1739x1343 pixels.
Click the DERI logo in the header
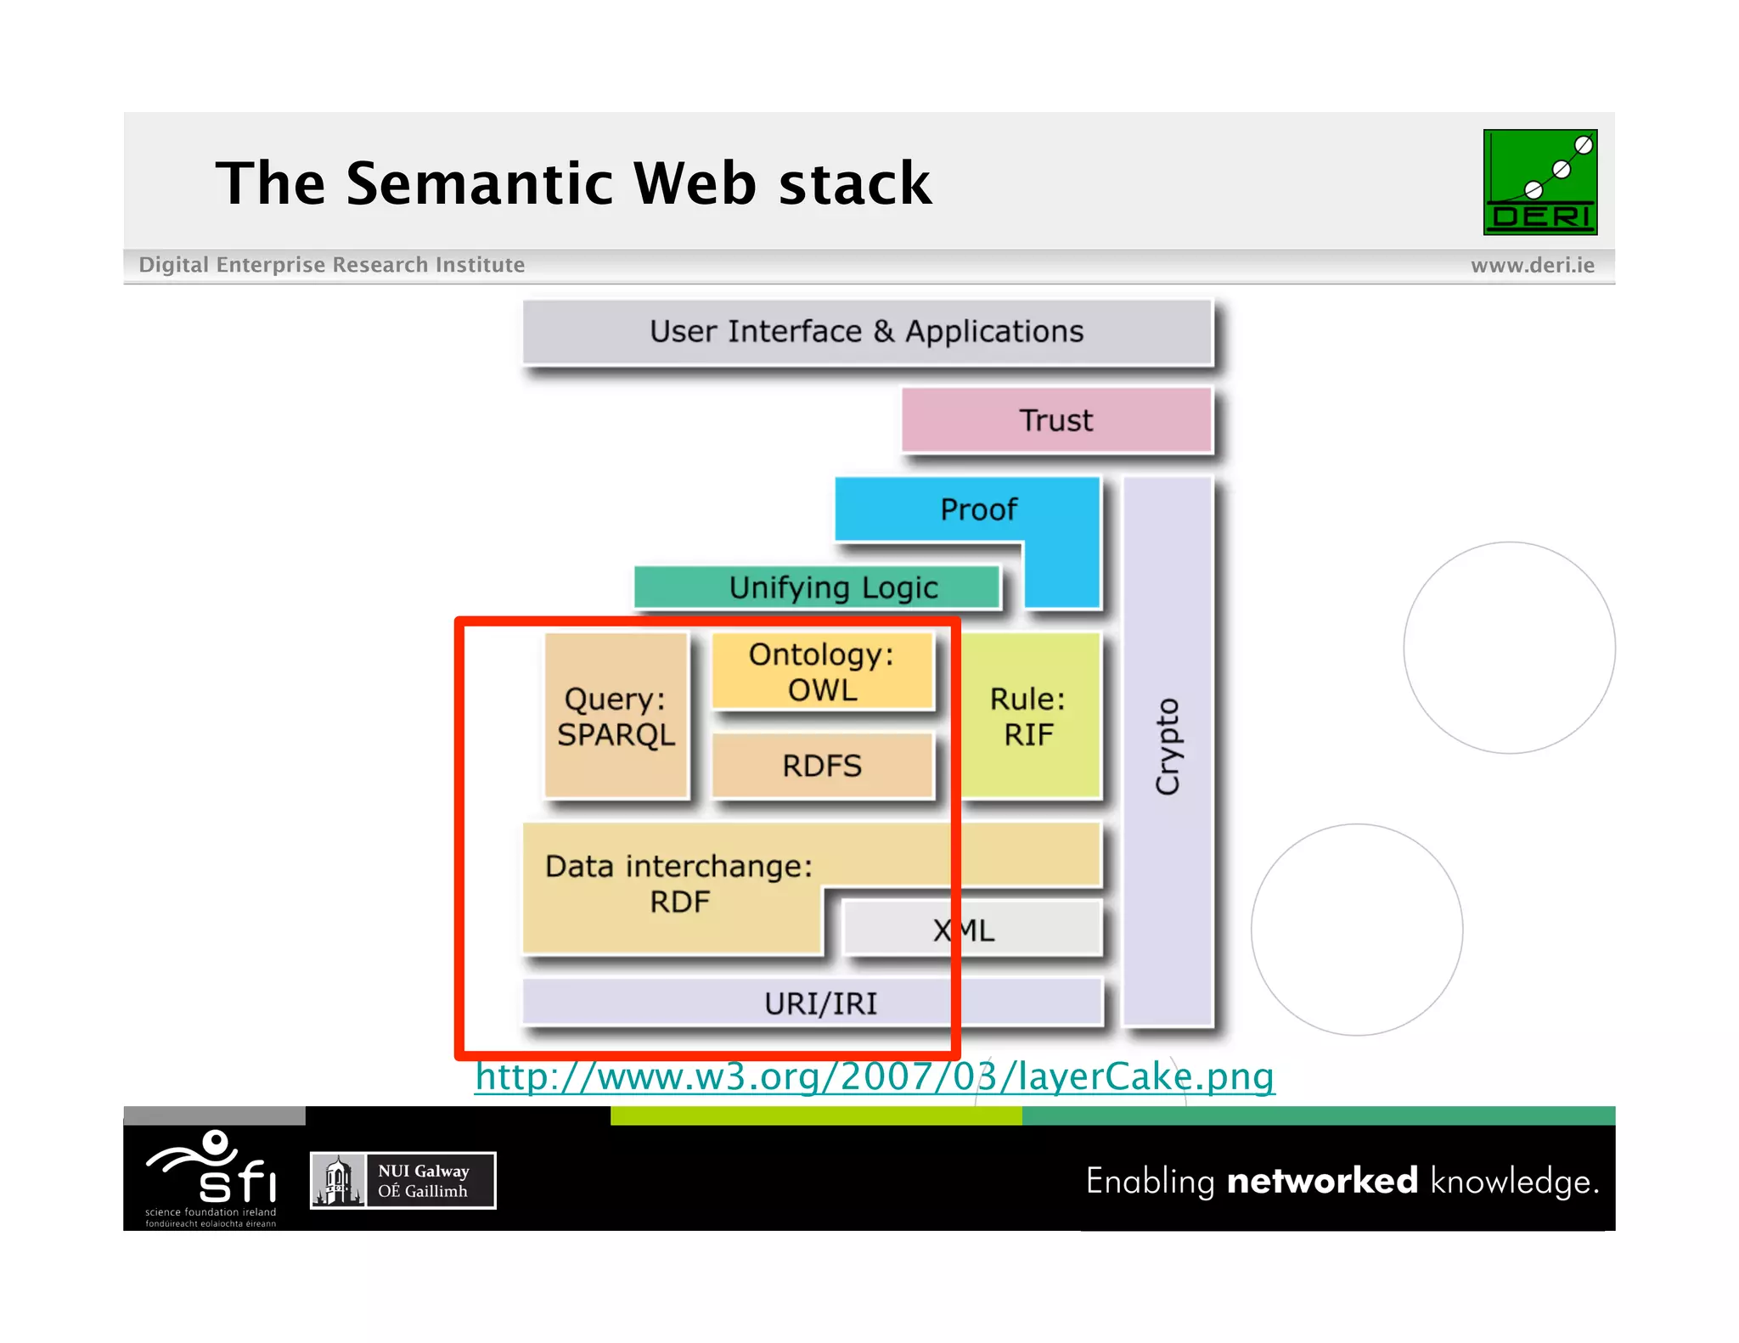click(x=1539, y=182)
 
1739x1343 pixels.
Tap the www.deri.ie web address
click(x=1532, y=265)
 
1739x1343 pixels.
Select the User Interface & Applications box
click(x=866, y=331)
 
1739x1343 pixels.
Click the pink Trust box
click(x=1056, y=420)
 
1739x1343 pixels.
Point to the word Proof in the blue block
click(x=978, y=509)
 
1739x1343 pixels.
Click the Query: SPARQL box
click(x=616, y=716)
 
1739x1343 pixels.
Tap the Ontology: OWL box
click(x=821, y=671)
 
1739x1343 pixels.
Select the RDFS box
click(x=821, y=766)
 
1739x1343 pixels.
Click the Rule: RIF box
click(x=1028, y=716)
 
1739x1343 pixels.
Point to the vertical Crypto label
click(x=1168, y=747)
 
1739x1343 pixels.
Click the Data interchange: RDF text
click(x=678, y=883)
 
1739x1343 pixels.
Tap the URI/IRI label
click(x=819, y=1003)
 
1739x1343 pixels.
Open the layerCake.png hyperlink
click(x=875, y=1076)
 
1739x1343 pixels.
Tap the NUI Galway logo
click(x=402, y=1180)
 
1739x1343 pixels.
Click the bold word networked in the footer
click(x=1322, y=1181)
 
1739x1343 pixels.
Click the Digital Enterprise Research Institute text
click(x=331, y=265)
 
